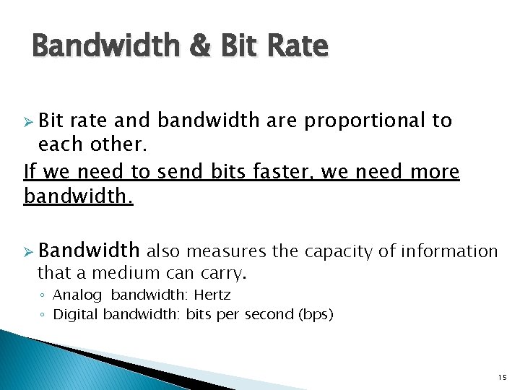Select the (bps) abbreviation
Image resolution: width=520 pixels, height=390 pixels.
313,314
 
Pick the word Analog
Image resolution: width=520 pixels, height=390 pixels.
79,295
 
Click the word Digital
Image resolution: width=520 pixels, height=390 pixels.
77,314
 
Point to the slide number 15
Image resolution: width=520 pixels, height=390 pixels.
502,377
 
